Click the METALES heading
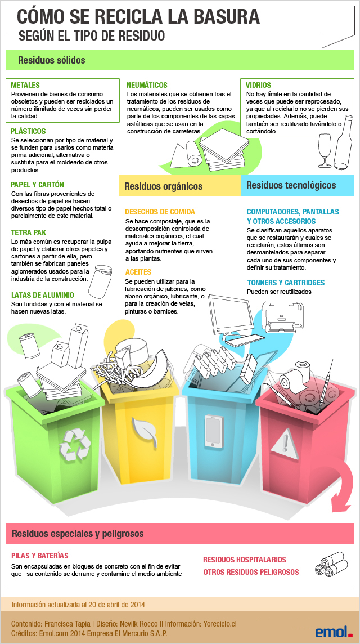[25, 85]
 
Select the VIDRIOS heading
[258, 85]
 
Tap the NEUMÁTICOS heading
[147, 85]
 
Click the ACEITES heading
[138, 272]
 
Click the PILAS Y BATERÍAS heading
[40, 556]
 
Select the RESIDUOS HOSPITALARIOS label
[245, 560]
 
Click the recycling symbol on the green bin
[75, 444]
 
